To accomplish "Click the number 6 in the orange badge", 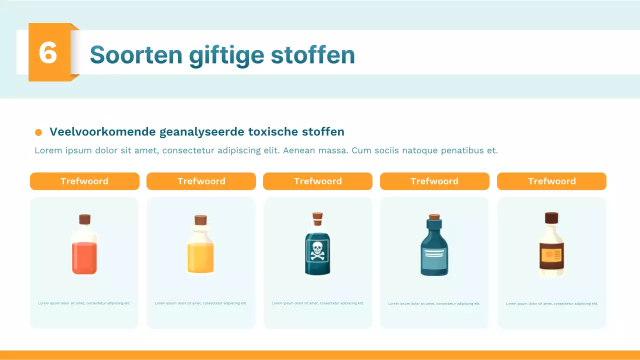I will click(48, 52).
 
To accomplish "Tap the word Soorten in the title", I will click(136, 54).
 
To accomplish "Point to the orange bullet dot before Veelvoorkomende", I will click(38, 132).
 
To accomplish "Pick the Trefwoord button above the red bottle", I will click(84, 181).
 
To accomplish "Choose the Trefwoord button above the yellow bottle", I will click(201, 181).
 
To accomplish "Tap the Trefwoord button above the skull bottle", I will click(317, 181).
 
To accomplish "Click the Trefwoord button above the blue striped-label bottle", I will click(434, 181).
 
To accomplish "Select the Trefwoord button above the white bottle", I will click(551, 181).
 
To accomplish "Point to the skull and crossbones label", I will click(317, 250).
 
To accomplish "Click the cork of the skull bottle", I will click(317, 216).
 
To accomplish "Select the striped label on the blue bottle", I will click(434, 256).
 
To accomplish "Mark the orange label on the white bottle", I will click(551, 254).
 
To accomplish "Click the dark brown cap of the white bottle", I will click(551, 217).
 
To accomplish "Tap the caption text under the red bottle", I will click(84, 303).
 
